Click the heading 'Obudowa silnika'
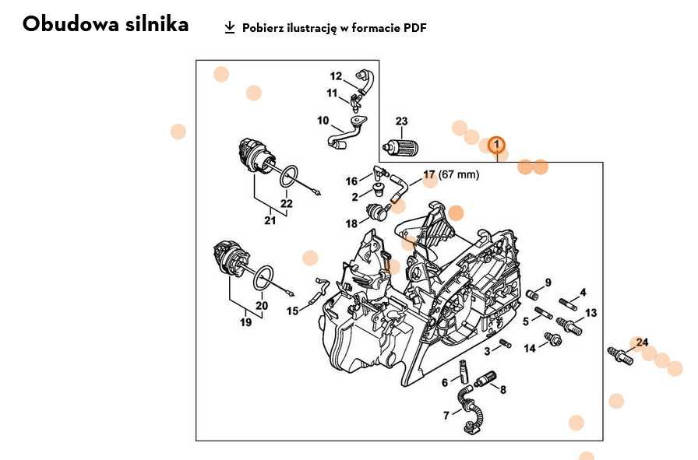coord(105,24)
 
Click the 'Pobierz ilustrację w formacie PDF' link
coord(334,28)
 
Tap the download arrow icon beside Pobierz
coord(229,27)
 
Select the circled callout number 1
coord(496,145)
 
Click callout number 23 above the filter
coord(401,121)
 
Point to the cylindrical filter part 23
coord(402,145)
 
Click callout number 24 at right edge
coord(642,342)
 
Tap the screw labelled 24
coord(621,357)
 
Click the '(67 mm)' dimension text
coord(460,174)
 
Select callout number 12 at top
coord(336,76)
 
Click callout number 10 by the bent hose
coord(323,121)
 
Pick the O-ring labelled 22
coord(288,176)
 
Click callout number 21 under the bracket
coord(270,220)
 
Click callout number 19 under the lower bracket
coord(246,322)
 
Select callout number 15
coord(292,311)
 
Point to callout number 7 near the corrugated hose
coord(446,416)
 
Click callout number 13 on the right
coord(591,313)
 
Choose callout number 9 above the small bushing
coord(548,283)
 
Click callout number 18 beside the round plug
coord(352,223)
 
